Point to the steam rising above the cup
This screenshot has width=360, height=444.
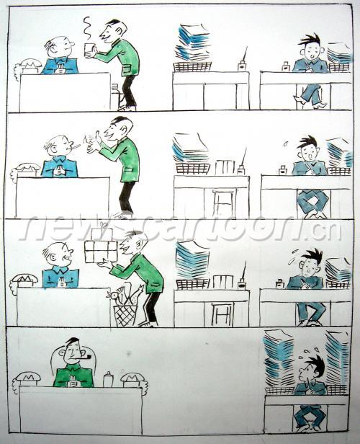click(x=89, y=27)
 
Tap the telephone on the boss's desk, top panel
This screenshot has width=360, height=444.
click(x=28, y=66)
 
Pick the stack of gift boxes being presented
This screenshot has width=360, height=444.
click(x=101, y=244)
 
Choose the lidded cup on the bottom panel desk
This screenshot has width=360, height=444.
click(x=108, y=379)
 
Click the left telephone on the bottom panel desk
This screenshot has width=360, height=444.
click(x=27, y=379)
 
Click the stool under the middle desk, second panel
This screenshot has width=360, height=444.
click(x=224, y=203)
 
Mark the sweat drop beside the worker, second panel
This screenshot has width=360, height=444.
click(x=287, y=143)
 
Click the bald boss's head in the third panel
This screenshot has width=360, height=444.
click(x=58, y=254)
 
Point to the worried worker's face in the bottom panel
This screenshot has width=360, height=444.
click(x=307, y=371)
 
